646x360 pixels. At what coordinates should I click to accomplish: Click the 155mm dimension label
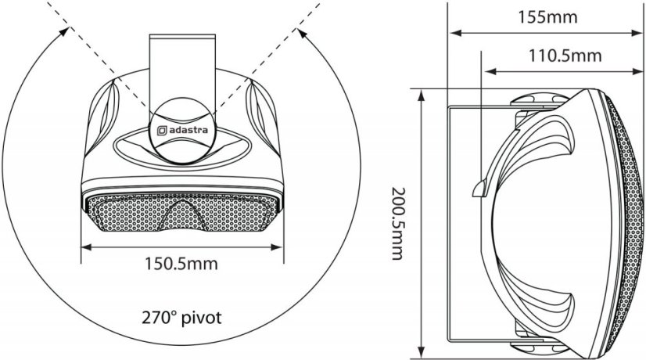coord(547,16)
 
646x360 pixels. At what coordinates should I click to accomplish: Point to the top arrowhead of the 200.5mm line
coord(422,94)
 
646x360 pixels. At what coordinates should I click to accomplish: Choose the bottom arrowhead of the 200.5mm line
coord(422,349)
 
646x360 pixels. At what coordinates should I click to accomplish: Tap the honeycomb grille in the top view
coord(125,214)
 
